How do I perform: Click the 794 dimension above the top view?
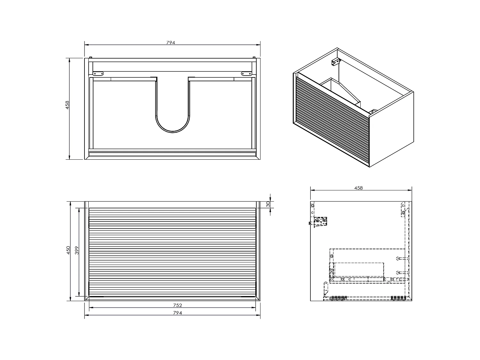pyautogui.click(x=171, y=43)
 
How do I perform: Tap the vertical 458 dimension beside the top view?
pyautogui.click(x=67, y=105)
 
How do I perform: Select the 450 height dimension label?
pyautogui.click(x=68, y=250)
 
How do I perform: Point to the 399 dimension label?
pyautogui.click(x=77, y=250)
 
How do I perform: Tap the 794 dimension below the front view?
pyautogui.click(x=177, y=313)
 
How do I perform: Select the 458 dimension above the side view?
pyautogui.click(x=358, y=188)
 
